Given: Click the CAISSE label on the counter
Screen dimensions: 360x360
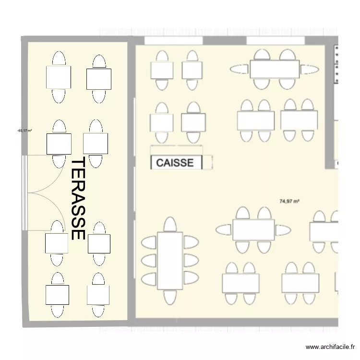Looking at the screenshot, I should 175,163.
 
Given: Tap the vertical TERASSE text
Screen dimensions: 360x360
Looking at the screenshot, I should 78,199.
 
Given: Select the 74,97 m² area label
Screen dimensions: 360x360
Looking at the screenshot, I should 289,202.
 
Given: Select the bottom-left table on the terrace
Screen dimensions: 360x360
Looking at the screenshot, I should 58,295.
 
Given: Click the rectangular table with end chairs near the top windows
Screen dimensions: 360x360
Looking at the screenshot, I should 274,70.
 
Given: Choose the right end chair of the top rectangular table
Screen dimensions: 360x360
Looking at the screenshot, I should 310,70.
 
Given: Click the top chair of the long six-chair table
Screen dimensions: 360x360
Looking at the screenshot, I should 170,224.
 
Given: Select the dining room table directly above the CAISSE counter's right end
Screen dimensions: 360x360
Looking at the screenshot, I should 193,122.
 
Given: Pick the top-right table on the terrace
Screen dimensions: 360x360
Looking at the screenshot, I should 99,79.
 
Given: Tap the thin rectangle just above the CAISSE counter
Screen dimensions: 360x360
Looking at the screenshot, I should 177,149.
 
